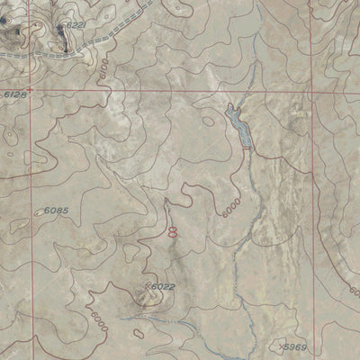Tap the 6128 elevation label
[x=15, y=94]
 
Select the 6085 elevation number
[x=57, y=211]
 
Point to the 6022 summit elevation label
[x=162, y=287]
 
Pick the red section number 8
[x=173, y=231]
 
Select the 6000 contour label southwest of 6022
[x=95, y=317]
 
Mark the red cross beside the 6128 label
[x=30, y=91]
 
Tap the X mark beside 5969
[x=281, y=345]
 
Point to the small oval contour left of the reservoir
[x=209, y=119]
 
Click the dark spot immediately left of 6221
[x=60, y=29]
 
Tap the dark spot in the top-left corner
[x=14, y=36]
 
